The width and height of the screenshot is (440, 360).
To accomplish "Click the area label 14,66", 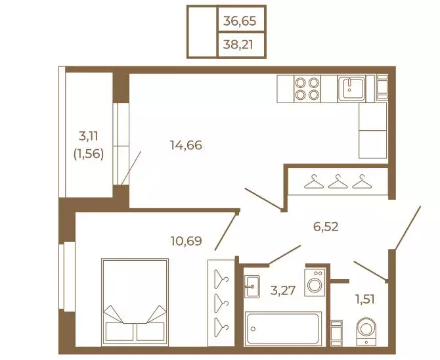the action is tap(186, 145).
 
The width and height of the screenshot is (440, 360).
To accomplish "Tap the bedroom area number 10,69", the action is tap(187, 240).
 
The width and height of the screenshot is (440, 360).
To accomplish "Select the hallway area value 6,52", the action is tap(326, 227).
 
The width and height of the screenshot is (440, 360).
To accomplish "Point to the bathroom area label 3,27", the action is tap(283, 290).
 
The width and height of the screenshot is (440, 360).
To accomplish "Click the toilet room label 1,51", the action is tap(365, 300).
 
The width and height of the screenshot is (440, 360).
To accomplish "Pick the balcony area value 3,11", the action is tap(89, 137).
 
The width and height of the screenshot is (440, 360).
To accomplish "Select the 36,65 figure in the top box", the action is tap(240, 21).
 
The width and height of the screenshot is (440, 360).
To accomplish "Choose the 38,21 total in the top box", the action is tap(238, 45).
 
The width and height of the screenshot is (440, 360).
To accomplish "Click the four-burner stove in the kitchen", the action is tap(307, 89).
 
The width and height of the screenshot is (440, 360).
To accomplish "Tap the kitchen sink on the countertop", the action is tap(351, 89).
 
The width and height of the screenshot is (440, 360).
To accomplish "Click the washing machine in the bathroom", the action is tap(315, 282).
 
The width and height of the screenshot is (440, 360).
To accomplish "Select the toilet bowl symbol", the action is tap(366, 331).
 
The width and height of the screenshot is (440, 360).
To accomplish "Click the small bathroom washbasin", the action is tap(252, 286).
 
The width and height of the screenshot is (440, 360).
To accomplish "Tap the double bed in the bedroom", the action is tap(135, 302).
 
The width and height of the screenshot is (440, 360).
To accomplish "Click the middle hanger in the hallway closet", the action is tap(338, 181).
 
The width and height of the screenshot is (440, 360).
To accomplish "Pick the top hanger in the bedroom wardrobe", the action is tap(221, 279).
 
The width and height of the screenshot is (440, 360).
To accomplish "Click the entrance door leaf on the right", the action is tap(408, 227).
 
